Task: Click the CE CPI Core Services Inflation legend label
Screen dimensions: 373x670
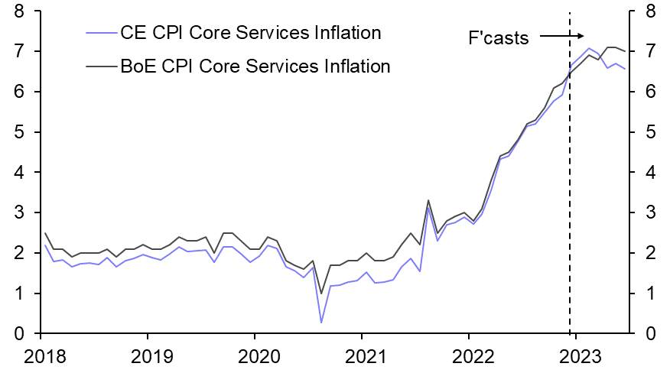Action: tap(250, 33)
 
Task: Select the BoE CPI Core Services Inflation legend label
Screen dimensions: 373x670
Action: tap(255, 66)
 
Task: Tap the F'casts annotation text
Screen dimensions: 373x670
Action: tap(498, 37)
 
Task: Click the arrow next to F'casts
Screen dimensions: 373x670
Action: tap(562, 36)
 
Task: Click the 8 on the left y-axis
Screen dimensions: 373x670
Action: tap(18, 11)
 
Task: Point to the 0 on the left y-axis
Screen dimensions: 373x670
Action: tap(18, 334)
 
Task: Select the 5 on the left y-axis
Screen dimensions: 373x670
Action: tap(18, 132)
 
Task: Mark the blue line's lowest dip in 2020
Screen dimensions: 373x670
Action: tap(321, 323)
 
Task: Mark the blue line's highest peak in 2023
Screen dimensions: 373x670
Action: tap(588, 48)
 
